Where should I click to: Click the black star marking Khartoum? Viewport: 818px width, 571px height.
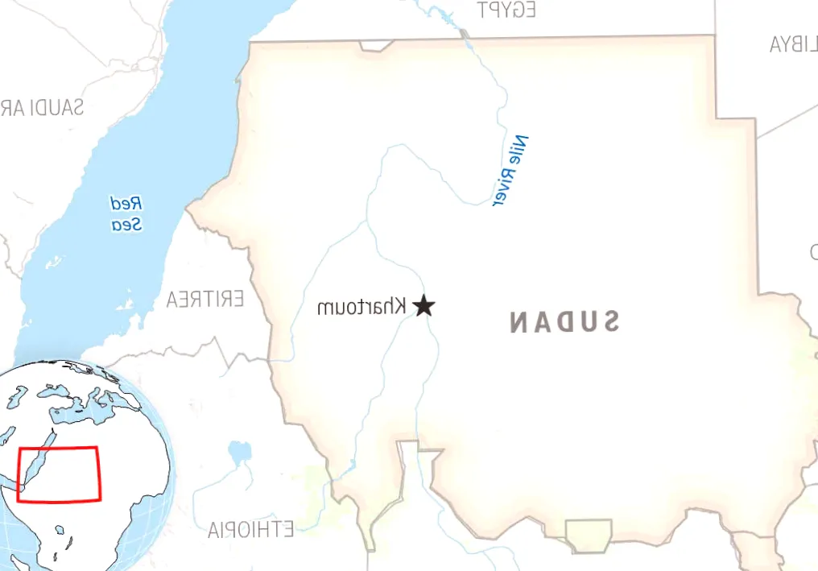point(424,306)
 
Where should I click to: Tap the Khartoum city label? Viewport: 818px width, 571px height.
point(361,307)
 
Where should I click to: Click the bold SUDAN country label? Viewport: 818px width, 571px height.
point(564,322)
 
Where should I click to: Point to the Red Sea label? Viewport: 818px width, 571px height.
point(127,213)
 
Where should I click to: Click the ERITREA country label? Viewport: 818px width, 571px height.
point(205,300)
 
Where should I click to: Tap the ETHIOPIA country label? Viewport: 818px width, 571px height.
point(250,529)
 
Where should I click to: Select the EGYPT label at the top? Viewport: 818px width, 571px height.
point(506,10)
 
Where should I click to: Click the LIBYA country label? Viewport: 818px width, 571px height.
point(793,43)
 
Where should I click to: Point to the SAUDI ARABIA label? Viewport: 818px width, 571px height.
point(40,107)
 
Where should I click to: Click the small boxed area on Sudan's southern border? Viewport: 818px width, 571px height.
point(589,535)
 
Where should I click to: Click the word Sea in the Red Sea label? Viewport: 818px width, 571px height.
point(127,225)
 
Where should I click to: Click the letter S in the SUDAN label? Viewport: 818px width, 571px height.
point(609,322)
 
